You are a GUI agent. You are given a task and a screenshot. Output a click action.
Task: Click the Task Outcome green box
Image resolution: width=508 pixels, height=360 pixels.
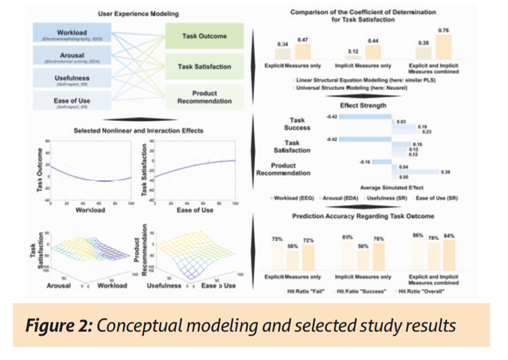coord(204,37)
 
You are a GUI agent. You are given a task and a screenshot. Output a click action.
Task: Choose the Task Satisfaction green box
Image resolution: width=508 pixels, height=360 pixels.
coord(204,67)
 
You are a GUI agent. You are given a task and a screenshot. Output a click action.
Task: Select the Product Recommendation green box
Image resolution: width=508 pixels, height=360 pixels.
coord(204,97)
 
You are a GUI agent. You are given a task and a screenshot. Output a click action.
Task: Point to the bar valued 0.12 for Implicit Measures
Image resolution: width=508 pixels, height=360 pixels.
coord(352,57)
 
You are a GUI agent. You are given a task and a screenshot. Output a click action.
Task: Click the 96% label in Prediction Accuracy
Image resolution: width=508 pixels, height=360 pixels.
coord(419,236)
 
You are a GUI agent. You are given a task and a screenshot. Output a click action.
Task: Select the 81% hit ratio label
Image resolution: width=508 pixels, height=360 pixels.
coord(347,237)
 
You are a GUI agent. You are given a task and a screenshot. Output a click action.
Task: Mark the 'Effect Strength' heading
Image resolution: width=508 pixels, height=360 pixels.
coord(363,106)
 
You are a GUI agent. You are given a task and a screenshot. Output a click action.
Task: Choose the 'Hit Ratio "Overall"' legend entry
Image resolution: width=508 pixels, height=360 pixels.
coord(422,292)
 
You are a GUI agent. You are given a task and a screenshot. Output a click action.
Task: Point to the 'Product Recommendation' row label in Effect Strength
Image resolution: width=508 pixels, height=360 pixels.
coord(283,169)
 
